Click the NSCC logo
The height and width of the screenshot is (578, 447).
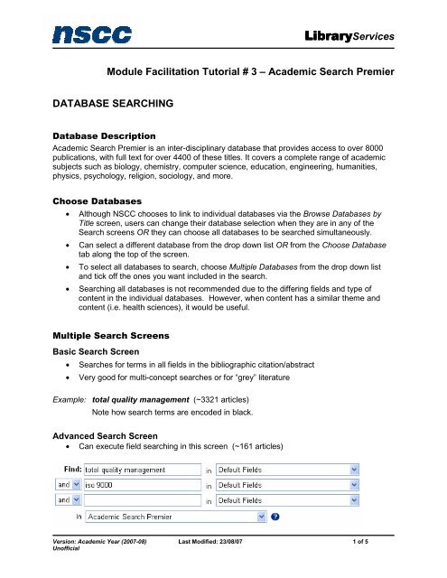[x=92, y=35]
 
